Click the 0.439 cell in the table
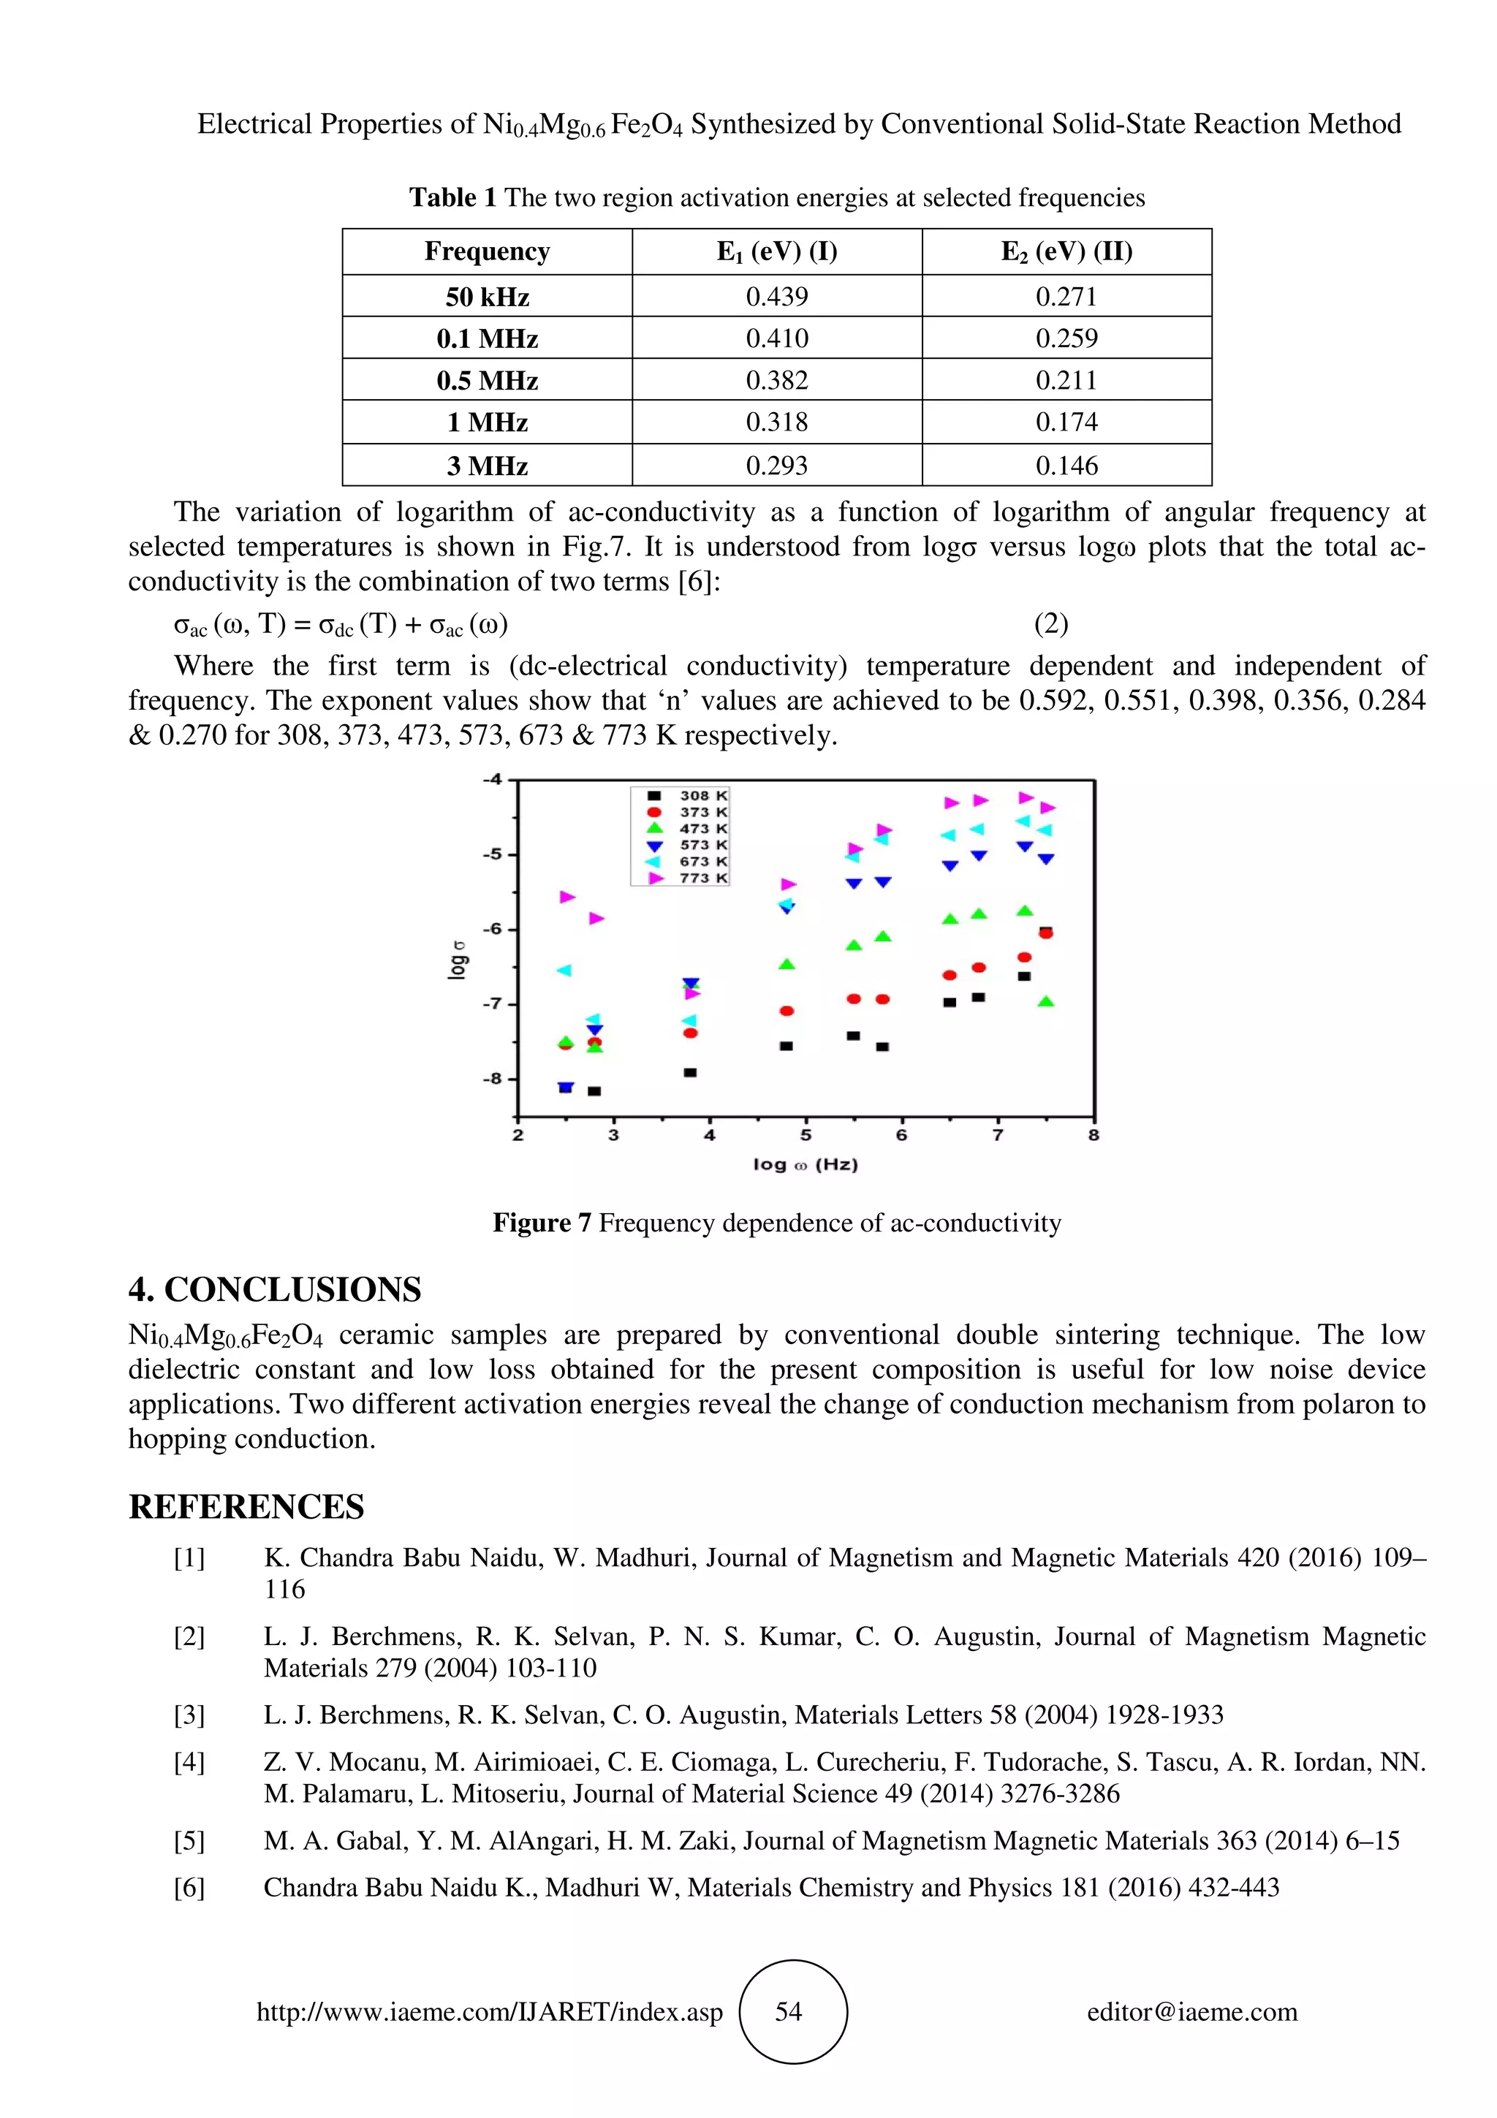pyautogui.click(x=776, y=296)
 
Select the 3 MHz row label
pyautogui.click(x=487, y=465)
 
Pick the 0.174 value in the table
pyautogui.click(x=1066, y=422)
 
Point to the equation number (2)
pyautogui.click(x=1050, y=625)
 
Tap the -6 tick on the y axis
pyautogui.click(x=493, y=929)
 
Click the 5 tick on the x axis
pyautogui.click(x=806, y=1136)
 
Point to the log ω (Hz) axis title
pyautogui.click(x=806, y=1164)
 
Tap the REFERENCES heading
pyautogui.click(x=246, y=1506)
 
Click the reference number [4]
pyautogui.click(x=189, y=1762)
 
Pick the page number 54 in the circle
pyautogui.click(x=789, y=2012)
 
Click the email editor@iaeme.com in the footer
pyautogui.click(x=1191, y=2012)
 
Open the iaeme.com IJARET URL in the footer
pyautogui.click(x=489, y=2012)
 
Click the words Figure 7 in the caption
pyautogui.click(x=542, y=1223)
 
